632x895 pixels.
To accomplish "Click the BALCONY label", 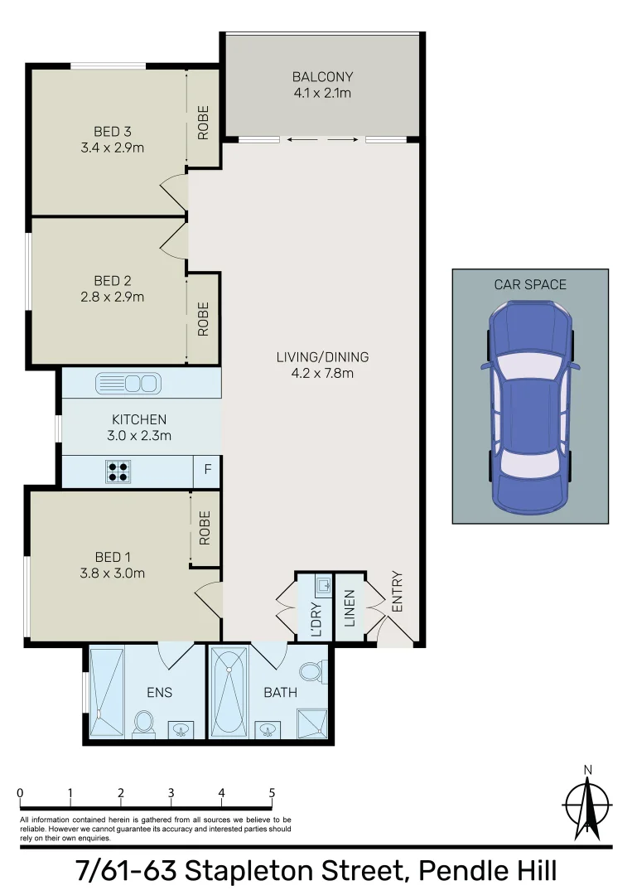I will (321, 77).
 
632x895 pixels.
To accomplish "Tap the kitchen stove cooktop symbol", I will (118, 472).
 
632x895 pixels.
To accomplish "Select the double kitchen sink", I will (127, 383).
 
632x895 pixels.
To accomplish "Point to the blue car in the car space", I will (530, 405).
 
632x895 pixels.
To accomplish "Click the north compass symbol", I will (587, 803).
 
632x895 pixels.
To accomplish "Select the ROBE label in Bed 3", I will (203, 122).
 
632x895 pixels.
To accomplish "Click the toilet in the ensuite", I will (144, 722).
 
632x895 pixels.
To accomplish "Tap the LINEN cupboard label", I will (350, 607).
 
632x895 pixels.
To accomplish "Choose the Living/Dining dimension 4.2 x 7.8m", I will (322, 373).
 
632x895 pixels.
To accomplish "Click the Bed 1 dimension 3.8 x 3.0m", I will (107, 573).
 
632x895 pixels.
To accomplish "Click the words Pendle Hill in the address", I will (487, 872).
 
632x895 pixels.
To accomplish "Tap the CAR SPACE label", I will (530, 284).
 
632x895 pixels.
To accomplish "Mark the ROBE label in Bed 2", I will (203, 318).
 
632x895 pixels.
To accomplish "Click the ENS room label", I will (159, 692).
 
